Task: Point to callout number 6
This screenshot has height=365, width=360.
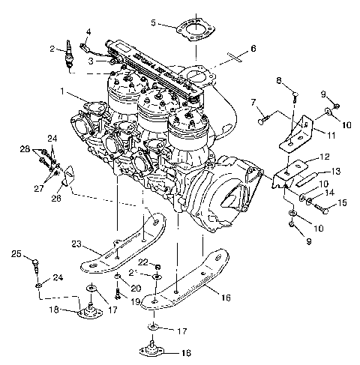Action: [x=253, y=49]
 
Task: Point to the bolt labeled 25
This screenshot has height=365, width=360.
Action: [x=37, y=263]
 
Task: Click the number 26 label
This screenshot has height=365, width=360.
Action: [x=56, y=199]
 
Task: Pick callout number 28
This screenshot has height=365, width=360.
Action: [x=25, y=151]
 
